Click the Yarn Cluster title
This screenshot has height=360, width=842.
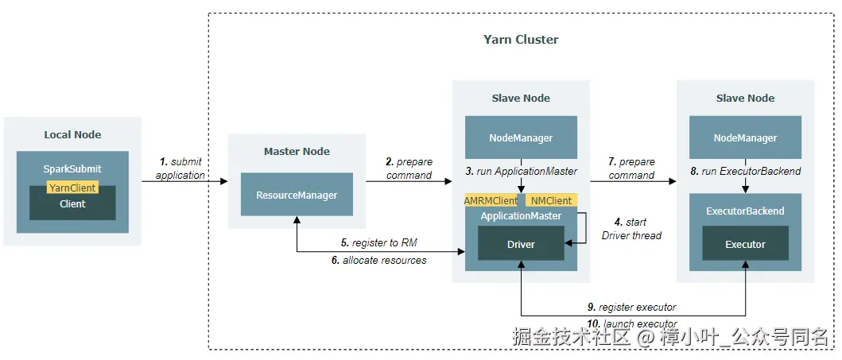521,40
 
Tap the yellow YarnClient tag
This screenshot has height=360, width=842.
72,188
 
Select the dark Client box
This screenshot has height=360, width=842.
72,204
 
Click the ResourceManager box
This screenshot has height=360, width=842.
297,195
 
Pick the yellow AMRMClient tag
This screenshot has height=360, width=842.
491,200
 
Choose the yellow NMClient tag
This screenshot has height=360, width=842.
552,200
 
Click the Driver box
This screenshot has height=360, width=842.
521,244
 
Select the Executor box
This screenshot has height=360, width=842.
745,244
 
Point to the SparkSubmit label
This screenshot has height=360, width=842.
72,169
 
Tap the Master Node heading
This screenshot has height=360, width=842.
297,151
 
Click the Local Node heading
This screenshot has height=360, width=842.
72,134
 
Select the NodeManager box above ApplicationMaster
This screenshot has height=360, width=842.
521,137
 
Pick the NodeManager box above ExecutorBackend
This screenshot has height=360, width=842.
745,137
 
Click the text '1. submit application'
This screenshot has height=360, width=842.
180,168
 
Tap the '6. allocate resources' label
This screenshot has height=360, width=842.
378,260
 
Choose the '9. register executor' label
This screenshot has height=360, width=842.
633,307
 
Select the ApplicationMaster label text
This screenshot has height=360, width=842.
521,216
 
